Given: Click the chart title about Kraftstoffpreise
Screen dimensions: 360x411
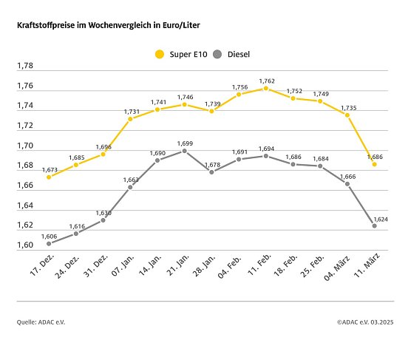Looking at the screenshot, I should [108, 25].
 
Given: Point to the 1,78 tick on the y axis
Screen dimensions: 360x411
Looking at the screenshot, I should [25, 66].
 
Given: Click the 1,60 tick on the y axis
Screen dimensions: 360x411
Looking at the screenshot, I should [25, 245].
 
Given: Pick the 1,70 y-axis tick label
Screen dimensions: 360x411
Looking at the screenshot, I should [25, 146].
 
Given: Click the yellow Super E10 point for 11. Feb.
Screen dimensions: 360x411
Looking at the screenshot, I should [265, 88].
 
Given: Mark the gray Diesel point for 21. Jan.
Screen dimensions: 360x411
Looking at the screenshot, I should [184, 151].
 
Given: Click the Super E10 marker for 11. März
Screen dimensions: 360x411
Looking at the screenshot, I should [374, 164].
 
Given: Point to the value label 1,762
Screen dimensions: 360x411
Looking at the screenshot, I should [267, 80].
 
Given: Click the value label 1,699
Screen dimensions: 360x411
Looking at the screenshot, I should [185, 142].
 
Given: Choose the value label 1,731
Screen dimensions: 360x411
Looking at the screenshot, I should [131, 110].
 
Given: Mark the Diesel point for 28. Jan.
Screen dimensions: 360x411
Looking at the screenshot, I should [211, 171].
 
